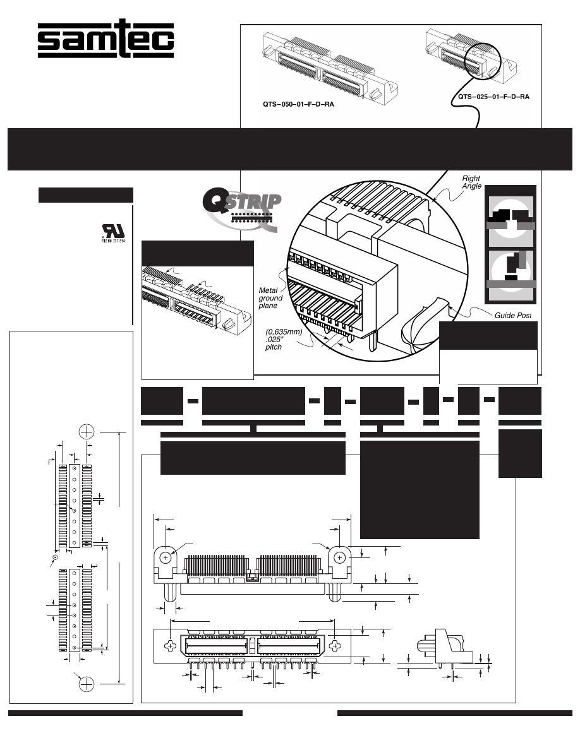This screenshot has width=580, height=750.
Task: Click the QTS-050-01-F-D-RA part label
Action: (x=298, y=105)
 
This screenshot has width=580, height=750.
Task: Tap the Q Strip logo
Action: (x=240, y=209)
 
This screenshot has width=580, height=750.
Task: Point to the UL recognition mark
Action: (x=112, y=237)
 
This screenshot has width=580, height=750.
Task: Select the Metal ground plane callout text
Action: (x=271, y=298)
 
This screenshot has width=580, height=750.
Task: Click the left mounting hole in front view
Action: (x=165, y=558)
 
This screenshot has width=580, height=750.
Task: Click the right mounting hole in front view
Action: (x=340, y=558)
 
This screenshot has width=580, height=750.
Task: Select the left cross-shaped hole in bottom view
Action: (x=171, y=646)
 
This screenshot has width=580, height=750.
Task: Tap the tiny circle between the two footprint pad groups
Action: (x=56, y=557)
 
